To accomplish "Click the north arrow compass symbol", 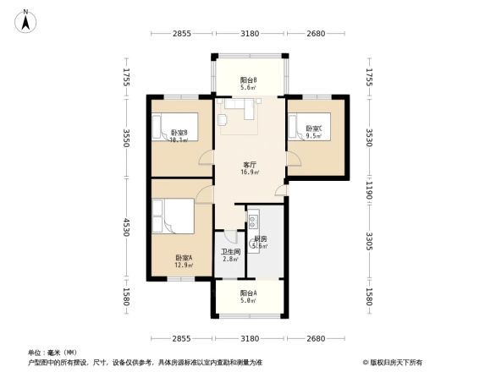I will click(25, 20).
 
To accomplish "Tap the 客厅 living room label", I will click(249, 164).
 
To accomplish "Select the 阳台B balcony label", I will click(249, 80).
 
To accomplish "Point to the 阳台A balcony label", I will click(248, 293).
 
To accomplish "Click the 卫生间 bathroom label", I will click(231, 252).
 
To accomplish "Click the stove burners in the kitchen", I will click(253, 223).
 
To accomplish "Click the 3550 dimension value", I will click(126, 139).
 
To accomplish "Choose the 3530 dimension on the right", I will click(371, 138).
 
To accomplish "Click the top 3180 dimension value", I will click(250, 33).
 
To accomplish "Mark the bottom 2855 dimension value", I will click(183, 338).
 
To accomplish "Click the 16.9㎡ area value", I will click(249, 172).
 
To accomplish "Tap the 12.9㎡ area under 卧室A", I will click(184, 265).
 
